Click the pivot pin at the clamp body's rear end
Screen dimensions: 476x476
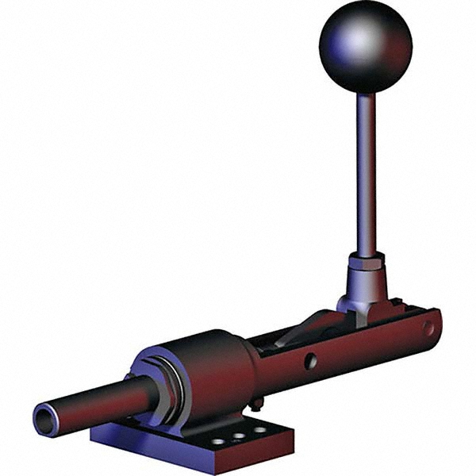428,326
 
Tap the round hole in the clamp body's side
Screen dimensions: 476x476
311,361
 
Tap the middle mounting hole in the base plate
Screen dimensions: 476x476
237,436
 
